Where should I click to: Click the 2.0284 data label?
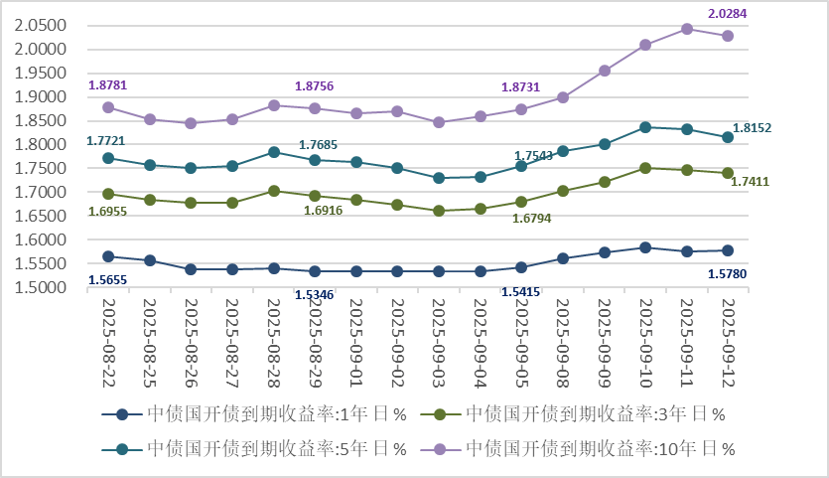pos(728,14)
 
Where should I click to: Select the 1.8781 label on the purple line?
pos(108,85)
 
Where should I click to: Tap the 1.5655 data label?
pos(108,280)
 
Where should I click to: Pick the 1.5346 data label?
pos(315,294)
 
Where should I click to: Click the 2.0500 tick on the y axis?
pos(41,26)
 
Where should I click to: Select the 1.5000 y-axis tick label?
pos(41,288)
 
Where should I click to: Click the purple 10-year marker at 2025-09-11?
pos(687,29)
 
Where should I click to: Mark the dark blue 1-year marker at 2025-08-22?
pos(108,256)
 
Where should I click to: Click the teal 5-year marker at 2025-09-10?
pos(645,127)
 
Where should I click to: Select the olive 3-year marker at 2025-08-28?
pos(273,191)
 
